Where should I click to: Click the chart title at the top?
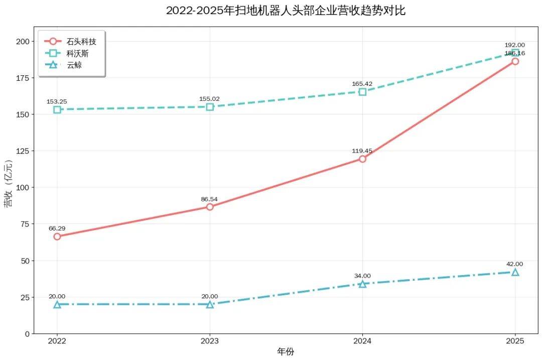coord(286,11)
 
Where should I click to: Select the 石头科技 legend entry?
coord(71,42)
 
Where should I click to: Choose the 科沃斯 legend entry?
coord(67,53)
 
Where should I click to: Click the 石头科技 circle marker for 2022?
coord(57,236)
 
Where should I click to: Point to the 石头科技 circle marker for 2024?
coord(362,159)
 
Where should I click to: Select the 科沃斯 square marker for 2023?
coord(210,107)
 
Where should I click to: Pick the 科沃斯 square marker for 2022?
coord(57,109)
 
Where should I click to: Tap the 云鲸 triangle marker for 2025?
coord(515,272)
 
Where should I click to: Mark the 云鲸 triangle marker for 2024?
coord(362,284)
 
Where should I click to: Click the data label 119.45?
coord(362,151)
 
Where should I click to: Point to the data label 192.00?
coord(515,45)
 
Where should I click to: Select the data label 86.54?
coord(209,199)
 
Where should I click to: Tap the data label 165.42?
coord(362,84)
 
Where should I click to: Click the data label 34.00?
coord(362,276)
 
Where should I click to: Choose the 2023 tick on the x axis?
coord(210,341)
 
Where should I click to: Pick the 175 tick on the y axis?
coord(23,78)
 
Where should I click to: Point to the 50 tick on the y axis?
coord(25,261)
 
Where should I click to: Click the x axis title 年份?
coord(286,351)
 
